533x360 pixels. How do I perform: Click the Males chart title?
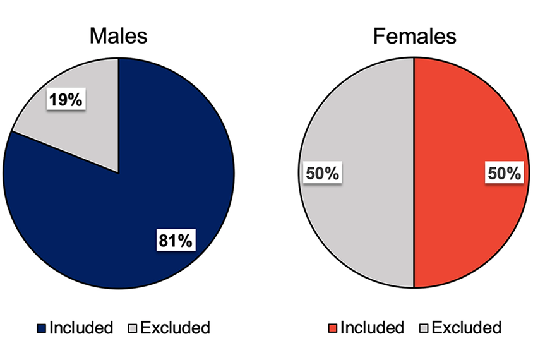pyautogui.click(x=118, y=36)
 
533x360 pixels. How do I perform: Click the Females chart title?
pyautogui.click(x=414, y=36)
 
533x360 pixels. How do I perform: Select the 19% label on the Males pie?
pyautogui.click(x=66, y=99)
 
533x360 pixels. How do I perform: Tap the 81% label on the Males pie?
pyautogui.click(x=176, y=240)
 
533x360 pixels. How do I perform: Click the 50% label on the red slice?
pyautogui.click(x=504, y=173)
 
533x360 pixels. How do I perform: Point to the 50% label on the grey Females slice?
pyautogui.click(x=323, y=173)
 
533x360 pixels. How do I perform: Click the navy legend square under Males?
pyautogui.click(x=42, y=328)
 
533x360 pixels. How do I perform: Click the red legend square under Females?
pyautogui.click(x=332, y=328)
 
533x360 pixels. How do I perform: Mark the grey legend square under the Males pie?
pyautogui.click(x=132, y=328)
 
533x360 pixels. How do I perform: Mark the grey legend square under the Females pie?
pyautogui.click(x=424, y=328)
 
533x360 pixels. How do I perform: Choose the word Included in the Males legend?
pyautogui.click(x=81, y=328)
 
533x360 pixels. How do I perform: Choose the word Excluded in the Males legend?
pyautogui.click(x=176, y=328)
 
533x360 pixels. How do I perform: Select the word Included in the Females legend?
pyautogui.click(x=372, y=328)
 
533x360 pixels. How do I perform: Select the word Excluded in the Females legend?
pyautogui.click(x=467, y=328)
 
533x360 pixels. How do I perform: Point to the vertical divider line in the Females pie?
pyautogui.click(x=414, y=173)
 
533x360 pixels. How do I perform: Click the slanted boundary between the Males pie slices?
pyautogui.click(x=65, y=152)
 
